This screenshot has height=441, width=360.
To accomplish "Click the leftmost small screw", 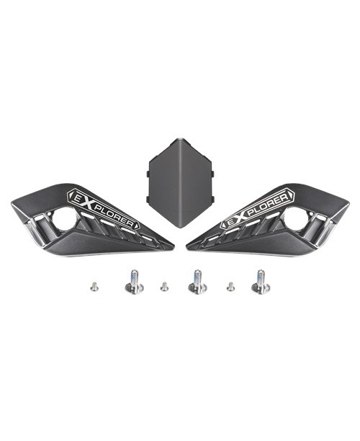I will (x=94, y=287).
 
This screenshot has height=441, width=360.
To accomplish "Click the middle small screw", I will (x=164, y=287).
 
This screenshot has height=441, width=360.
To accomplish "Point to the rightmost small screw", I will (x=230, y=287).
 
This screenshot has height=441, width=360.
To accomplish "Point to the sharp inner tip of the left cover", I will (x=173, y=247).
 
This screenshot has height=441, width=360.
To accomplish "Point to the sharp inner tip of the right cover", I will (x=188, y=247).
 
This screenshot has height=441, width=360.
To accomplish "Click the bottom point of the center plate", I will (x=179, y=226).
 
